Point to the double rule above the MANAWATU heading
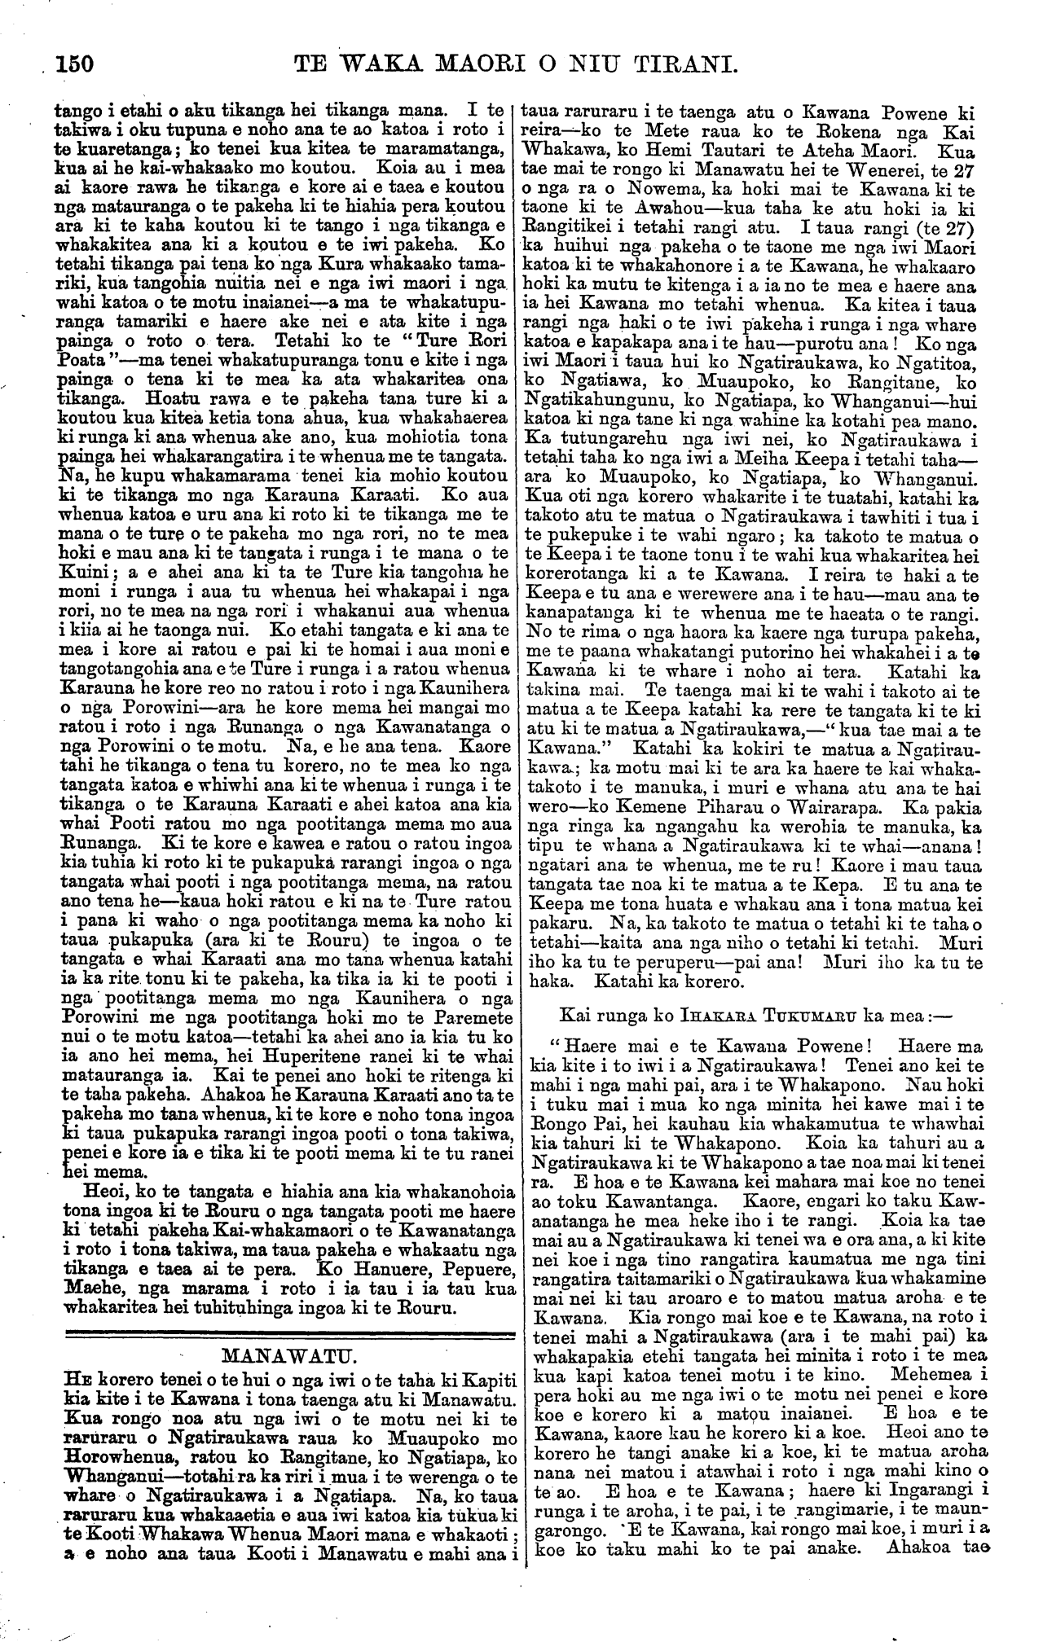point(288,1333)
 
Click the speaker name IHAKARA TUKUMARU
point(728,1014)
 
